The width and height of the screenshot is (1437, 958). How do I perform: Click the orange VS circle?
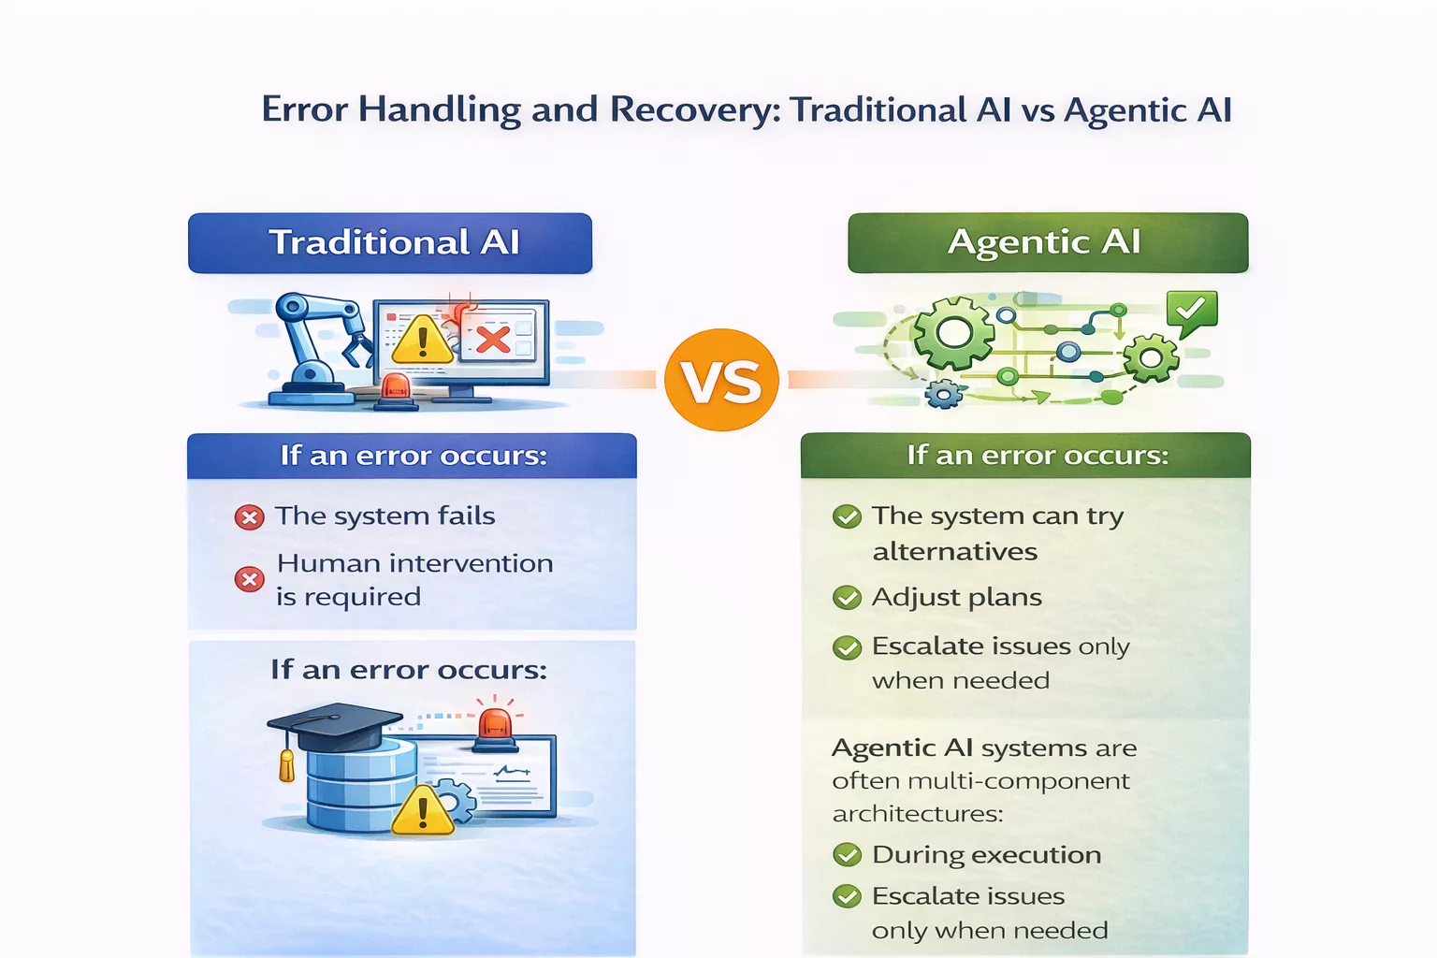(721, 380)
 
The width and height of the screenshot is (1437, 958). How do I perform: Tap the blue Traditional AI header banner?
(390, 243)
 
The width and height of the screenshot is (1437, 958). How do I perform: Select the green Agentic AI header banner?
(1048, 243)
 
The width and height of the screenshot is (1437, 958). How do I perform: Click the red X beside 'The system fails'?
(249, 517)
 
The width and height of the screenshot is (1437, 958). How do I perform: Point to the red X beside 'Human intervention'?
(249, 580)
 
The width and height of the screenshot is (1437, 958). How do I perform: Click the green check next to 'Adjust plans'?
(847, 598)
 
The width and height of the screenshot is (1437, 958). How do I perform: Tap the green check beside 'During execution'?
(847, 855)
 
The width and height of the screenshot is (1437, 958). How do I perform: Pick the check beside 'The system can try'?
(847, 516)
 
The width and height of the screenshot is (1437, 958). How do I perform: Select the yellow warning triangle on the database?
(422, 811)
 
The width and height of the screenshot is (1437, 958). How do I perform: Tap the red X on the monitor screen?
(493, 339)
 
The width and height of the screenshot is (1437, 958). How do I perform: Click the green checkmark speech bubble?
(1191, 311)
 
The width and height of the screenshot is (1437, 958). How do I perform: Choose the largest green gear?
(953, 332)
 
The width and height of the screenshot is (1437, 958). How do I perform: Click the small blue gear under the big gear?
(943, 394)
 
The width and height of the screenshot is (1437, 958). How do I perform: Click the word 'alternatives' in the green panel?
(954, 552)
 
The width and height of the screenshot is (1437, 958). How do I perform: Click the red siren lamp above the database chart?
(495, 726)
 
